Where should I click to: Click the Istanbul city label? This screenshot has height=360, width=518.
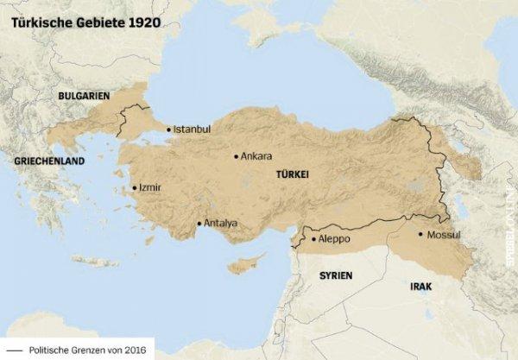(x=192, y=129)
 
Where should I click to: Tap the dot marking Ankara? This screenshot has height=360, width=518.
(x=236, y=157)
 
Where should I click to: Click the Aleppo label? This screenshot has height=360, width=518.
(x=335, y=238)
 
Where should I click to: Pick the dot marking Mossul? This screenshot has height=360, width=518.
(x=420, y=234)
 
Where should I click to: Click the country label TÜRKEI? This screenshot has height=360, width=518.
(x=292, y=175)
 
